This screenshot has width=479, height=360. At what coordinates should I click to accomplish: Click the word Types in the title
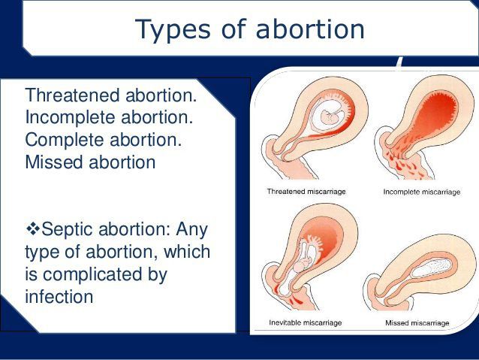(x=173, y=30)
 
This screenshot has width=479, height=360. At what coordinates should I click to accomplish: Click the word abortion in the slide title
(x=310, y=29)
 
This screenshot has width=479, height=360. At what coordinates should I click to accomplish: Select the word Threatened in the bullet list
(x=72, y=95)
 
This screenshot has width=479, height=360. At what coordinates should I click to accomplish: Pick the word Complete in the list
(x=65, y=140)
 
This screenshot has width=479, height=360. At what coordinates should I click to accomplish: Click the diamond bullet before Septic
(x=33, y=228)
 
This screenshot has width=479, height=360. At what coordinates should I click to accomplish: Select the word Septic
(x=68, y=229)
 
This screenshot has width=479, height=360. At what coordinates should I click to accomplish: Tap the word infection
(x=59, y=296)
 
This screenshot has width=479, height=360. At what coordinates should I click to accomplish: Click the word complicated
(x=92, y=274)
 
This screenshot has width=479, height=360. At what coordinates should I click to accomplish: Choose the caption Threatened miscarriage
(x=306, y=192)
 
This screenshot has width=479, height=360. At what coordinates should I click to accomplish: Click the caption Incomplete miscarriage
(x=422, y=192)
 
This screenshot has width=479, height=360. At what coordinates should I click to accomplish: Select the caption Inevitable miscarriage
(x=305, y=322)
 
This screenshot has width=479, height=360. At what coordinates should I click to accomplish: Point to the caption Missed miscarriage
(x=417, y=323)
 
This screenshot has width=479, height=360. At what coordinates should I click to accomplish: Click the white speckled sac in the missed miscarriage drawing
(x=431, y=268)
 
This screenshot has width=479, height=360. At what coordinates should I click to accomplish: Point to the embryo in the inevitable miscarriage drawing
(x=303, y=264)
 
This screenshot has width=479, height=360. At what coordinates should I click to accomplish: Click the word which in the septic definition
(x=187, y=252)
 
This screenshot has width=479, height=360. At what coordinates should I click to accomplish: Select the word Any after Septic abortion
(x=192, y=230)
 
